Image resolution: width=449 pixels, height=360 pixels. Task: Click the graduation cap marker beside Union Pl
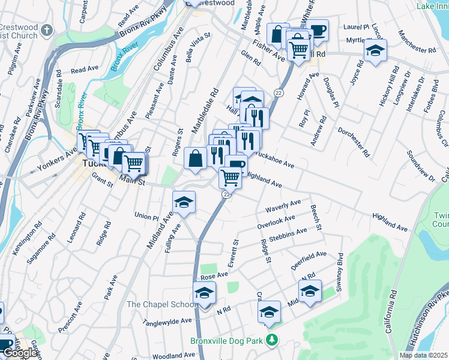(x=184, y=202)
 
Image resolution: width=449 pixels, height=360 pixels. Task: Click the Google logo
(x=20, y=353)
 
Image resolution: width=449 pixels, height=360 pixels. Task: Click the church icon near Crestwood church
(x=47, y=29)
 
